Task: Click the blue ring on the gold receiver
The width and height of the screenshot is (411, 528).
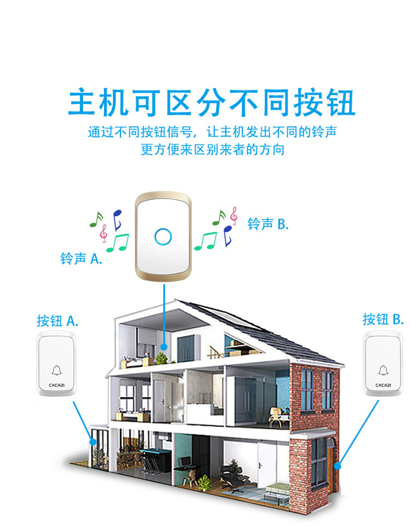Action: tap(163, 236)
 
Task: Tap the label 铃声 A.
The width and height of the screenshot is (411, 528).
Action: tap(81, 259)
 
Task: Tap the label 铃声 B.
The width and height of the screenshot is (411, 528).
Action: tap(267, 224)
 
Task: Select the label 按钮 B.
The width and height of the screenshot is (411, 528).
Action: tap(383, 319)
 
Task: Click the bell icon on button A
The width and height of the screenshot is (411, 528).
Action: tap(57, 370)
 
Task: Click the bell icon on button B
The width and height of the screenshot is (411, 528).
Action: tap(383, 370)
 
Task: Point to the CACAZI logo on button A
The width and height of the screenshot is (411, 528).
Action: tap(57, 385)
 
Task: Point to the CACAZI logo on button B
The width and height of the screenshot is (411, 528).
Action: tap(383, 385)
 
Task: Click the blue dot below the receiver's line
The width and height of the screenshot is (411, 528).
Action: tap(164, 347)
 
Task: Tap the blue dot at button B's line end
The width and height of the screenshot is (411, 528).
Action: tap(339, 466)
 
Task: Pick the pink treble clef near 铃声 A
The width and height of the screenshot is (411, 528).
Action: tap(103, 233)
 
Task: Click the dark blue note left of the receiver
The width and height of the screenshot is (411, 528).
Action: tap(117, 219)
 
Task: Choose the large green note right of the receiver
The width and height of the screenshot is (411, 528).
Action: tap(206, 240)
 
